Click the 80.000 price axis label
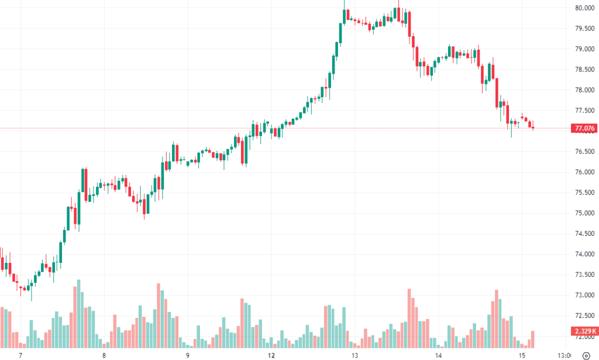tap(585, 8)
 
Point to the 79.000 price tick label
tap(585, 49)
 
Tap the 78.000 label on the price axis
tap(585, 90)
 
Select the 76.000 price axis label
tap(585, 172)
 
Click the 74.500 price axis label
tap(585, 234)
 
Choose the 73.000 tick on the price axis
tap(585, 295)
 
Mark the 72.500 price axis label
tap(585, 316)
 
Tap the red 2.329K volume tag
tap(584, 331)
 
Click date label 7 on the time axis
tap(20, 355)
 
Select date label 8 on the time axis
tap(104, 355)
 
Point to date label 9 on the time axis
tap(188, 355)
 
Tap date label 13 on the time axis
tap(354, 355)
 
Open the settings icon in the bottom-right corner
tap(586, 355)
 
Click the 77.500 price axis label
tap(585, 111)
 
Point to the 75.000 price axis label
tap(585, 213)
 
